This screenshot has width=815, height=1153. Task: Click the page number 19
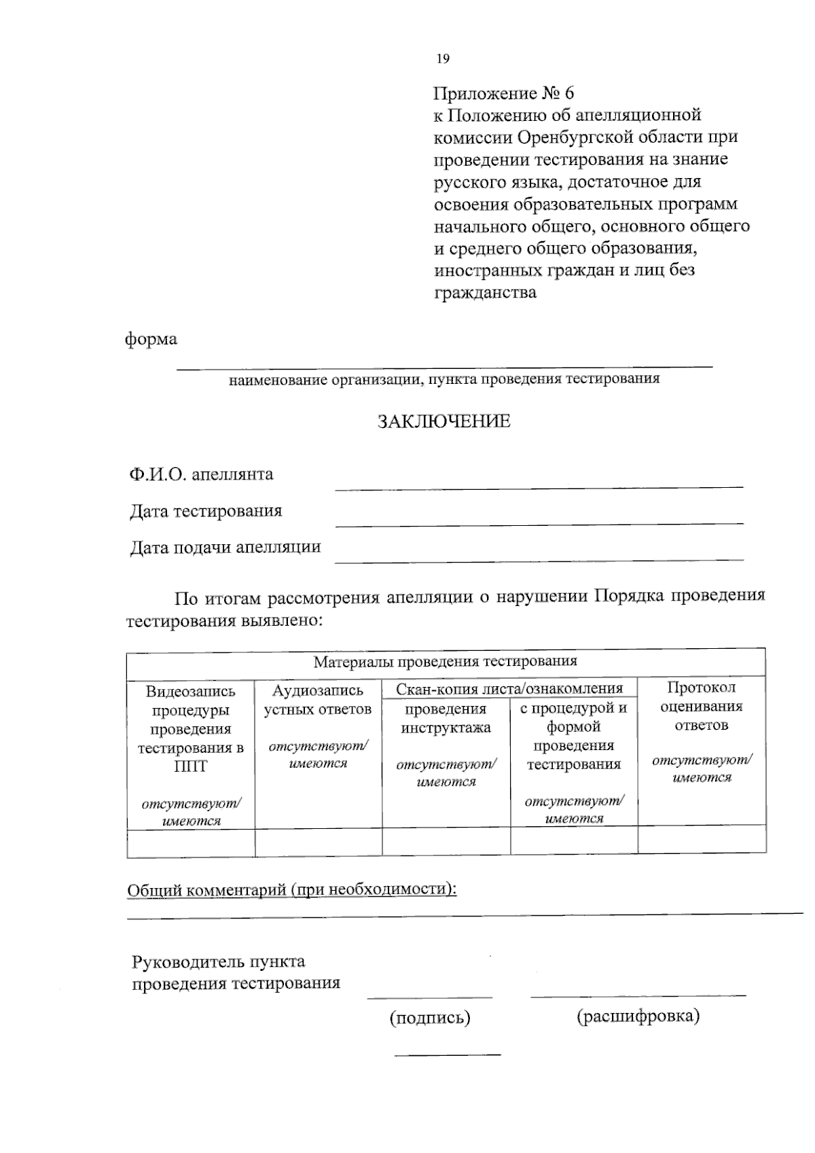[x=442, y=59]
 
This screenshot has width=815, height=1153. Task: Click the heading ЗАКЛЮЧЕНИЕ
[x=443, y=422]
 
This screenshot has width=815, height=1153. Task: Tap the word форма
[x=151, y=339]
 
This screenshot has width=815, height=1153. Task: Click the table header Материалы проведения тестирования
[x=445, y=661]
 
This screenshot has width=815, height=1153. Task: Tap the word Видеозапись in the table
[x=191, y=692]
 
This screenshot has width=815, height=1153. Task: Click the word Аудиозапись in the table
[x=318, y=691]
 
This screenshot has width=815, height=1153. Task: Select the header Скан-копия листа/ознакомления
[x=509, y=689]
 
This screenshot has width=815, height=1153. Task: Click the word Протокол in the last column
[x=701, y=688]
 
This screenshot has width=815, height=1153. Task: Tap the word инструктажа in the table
[x=446, y=728]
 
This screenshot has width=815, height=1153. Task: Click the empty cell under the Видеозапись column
[x=191, y=842]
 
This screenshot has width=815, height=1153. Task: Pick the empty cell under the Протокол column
[x=702, y=840]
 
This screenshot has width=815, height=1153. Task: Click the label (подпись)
[x=429, y=1018]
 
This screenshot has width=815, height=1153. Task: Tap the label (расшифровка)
[x=638, y=1016]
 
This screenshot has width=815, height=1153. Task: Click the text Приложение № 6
[x=504, y=92]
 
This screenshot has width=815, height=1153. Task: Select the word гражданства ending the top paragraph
[x=485, y=293]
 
